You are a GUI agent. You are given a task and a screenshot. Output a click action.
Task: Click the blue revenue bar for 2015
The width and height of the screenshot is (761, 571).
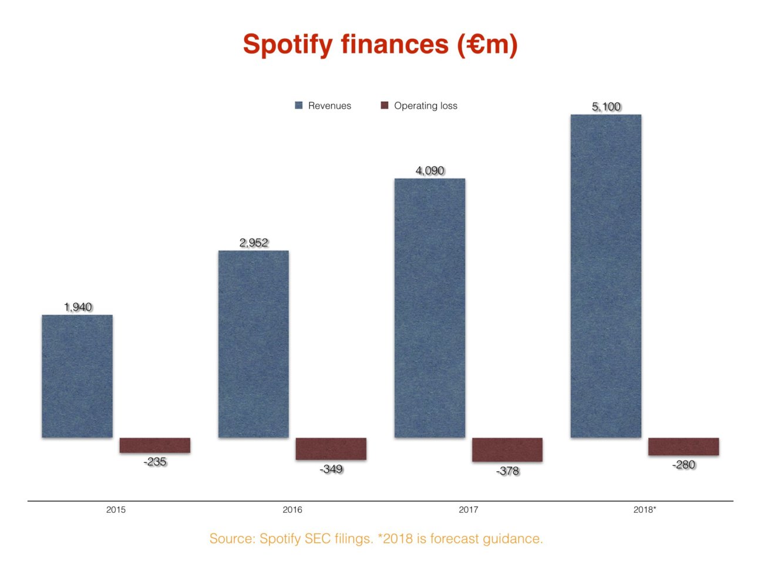pyautogui.click(x=77, y=376)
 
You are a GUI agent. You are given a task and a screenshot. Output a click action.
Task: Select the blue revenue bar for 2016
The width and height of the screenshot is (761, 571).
pyautogui.click(x=253, y=344)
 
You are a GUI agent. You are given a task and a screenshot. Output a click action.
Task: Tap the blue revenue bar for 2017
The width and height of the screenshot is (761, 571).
pyautogui.click(x=429, y=308)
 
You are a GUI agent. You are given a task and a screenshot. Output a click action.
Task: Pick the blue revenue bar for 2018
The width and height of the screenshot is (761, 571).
pyautogui.click(x=605, y=276)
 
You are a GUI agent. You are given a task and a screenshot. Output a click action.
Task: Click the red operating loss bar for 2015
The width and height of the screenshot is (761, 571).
pyautogui.click(x=154, y=445)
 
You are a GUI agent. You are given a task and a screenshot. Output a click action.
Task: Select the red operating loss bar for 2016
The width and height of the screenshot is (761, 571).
pyautogui.click(x=331, y=449)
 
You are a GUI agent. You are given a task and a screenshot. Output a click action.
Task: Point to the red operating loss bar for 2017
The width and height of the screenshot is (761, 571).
pyautogui.click(x=507, y=449)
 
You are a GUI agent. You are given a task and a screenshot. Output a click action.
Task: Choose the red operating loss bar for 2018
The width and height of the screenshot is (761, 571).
pyautogui.click(x=683, y=446)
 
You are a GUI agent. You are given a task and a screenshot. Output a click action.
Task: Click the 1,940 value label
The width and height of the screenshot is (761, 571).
pyautogui.click(x=78, y=307)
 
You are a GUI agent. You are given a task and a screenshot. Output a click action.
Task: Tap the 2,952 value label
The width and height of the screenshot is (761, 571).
pyautogui.click(x=254, y=243)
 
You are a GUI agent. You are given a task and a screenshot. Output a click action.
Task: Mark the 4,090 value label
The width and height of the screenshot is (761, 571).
pyautogui.click(x=430, y=170)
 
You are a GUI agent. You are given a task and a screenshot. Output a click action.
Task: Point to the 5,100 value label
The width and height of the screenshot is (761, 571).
pyautogui.click(x=606, y=106)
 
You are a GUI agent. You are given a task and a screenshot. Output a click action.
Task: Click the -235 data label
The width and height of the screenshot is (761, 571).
pyautogui.click(x=155, y=462)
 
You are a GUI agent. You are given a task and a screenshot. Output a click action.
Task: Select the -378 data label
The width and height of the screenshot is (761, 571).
pyautogui.click(x=507, y=471)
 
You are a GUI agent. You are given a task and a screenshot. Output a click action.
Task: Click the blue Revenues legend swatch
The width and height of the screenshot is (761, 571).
pyautogui.click(x=299, y=106)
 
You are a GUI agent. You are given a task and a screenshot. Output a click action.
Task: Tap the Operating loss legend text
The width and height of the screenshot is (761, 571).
pyautogui.click(x=425, y=106)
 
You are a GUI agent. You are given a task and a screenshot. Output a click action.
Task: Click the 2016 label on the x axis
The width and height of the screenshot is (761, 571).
pyautogui.click(x=292, y=509)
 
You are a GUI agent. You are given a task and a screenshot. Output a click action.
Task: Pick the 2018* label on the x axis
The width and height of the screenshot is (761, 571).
pyautogui.click(x=644, y=509)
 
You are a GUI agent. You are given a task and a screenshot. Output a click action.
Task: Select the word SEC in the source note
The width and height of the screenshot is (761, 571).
pyautogui.click(x=317, y=539)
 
